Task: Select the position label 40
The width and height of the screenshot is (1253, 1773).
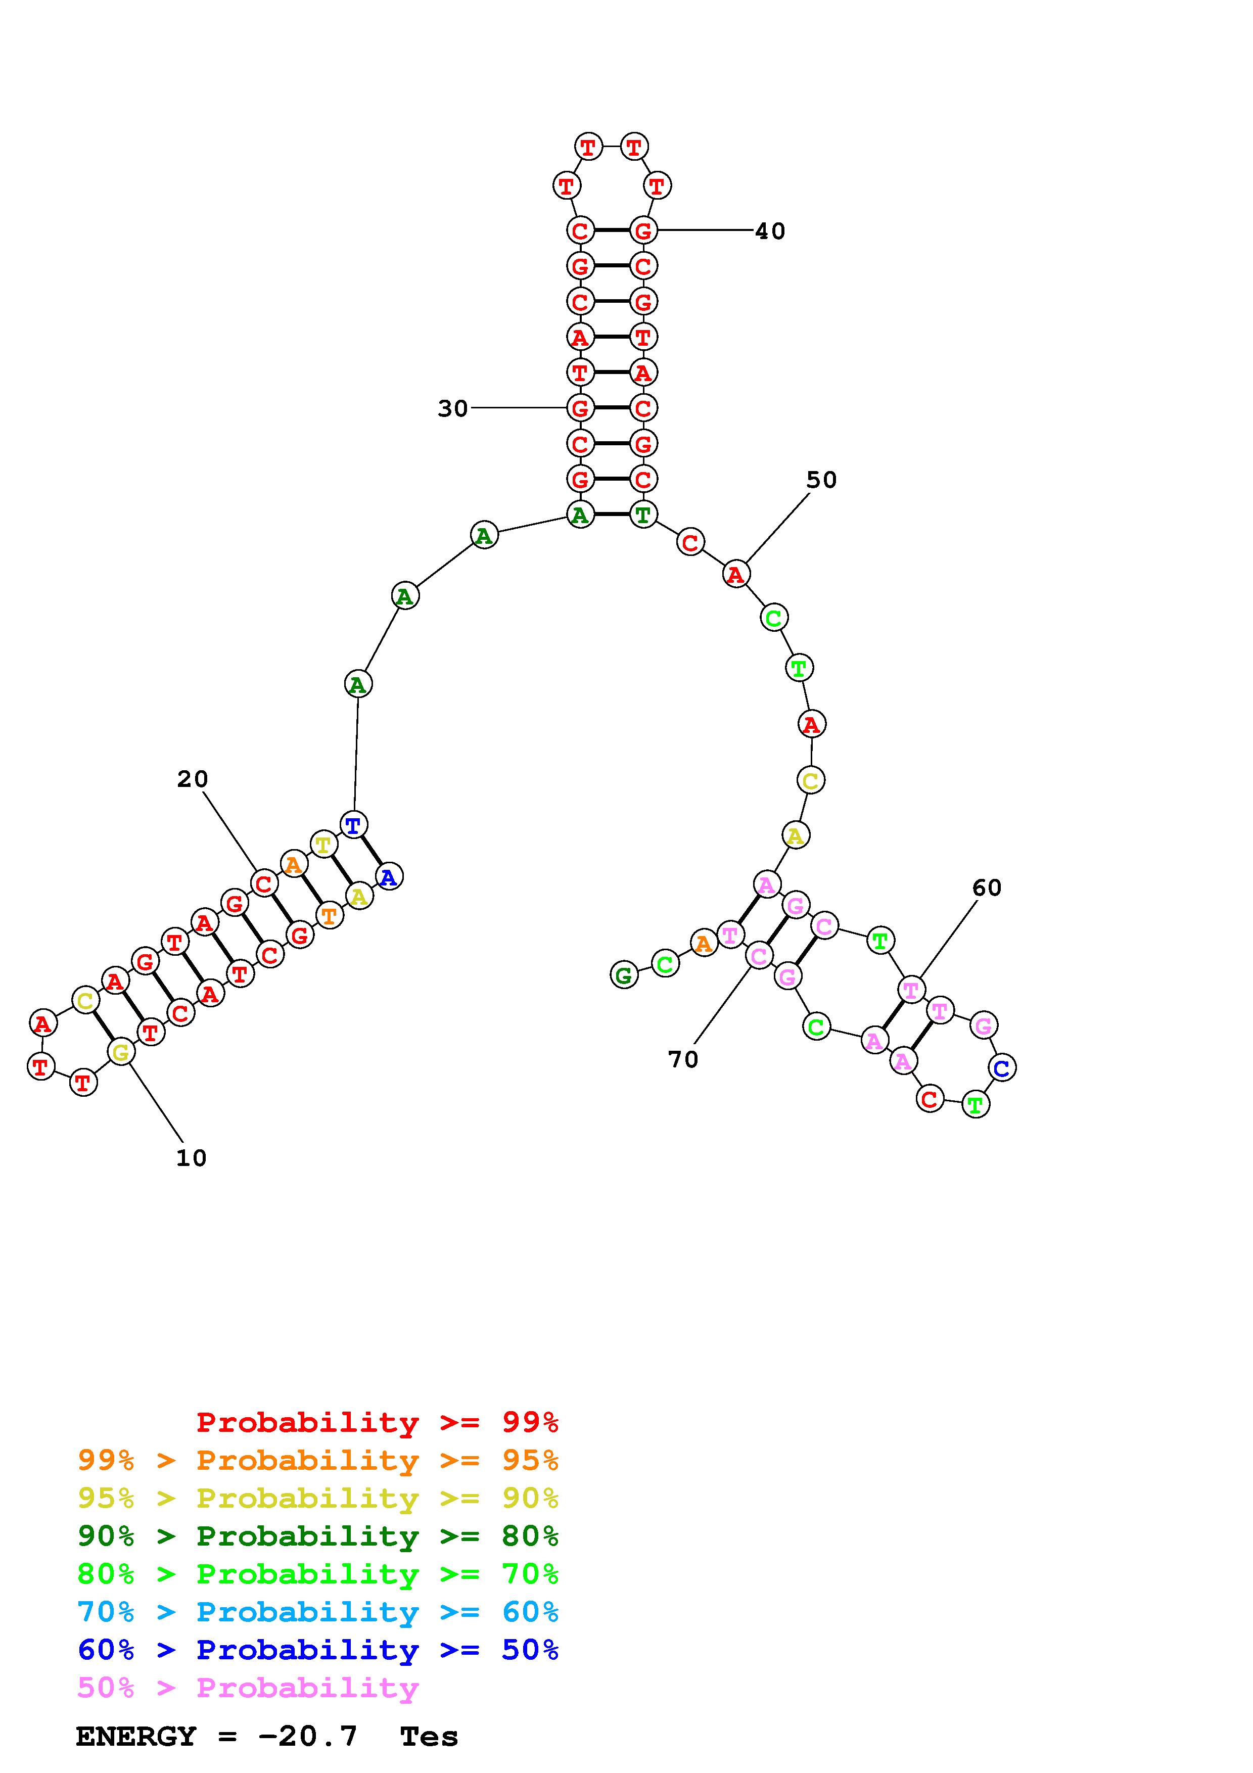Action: [x=770, y=231]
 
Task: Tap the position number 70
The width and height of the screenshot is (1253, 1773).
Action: [x=683, y=1059]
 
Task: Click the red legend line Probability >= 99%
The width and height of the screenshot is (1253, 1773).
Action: [x=378, y=1422]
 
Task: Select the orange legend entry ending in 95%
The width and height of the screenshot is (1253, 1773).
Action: [x=318, y=1460]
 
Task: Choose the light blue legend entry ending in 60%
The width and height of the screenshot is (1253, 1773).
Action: [x=318, y=1612]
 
